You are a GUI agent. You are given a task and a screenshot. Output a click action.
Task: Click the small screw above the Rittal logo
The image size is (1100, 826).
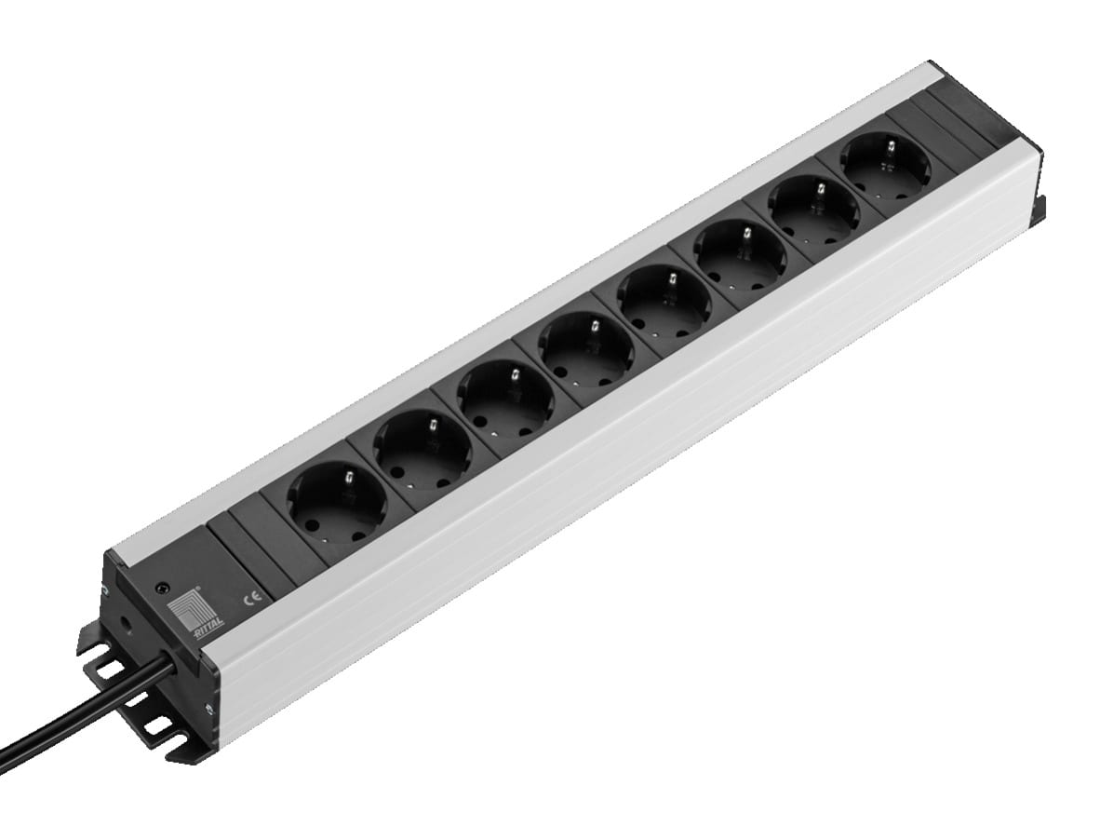(x=164, y=589)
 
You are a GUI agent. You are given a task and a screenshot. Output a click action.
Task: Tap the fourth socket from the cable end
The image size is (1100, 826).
(x=585, y=357)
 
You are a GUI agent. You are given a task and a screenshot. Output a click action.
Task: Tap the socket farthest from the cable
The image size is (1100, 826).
(x=883, y=169)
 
